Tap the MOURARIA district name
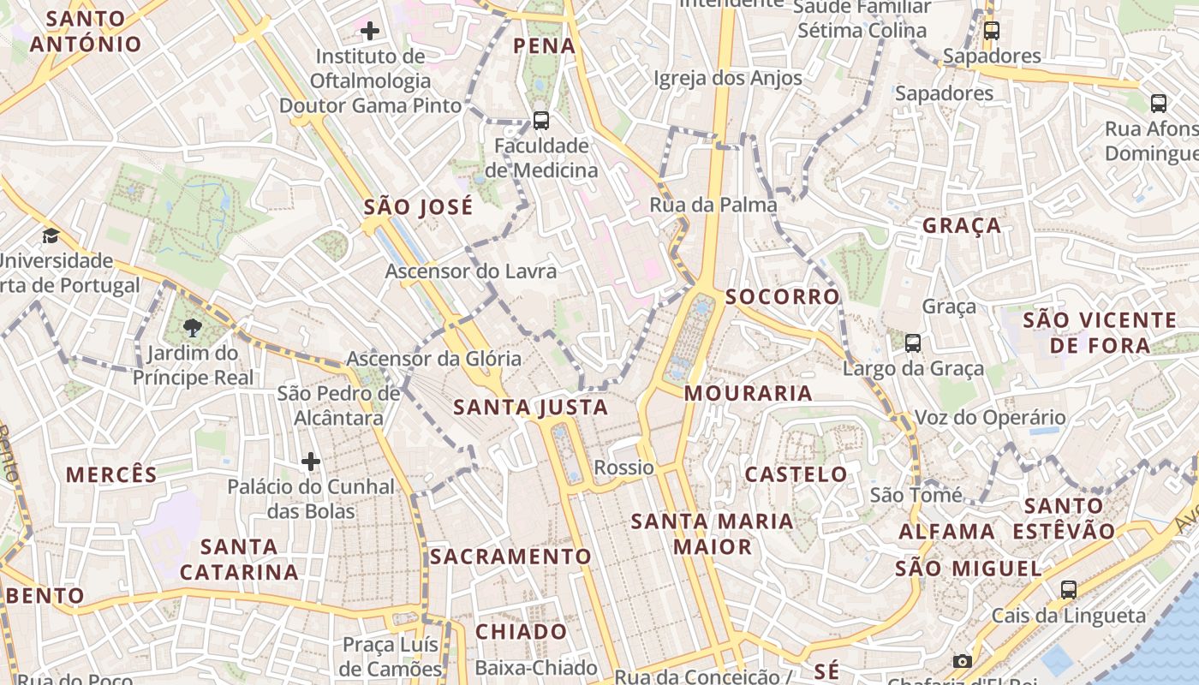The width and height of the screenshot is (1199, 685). [x=749, y=393]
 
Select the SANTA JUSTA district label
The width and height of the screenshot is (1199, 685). [x=531, y=407]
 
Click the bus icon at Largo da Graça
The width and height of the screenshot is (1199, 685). [x=913, y=343]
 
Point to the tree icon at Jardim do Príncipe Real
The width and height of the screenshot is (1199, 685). [x=194, y=327]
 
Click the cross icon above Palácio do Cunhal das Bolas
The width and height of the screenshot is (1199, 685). [x=311, y=462]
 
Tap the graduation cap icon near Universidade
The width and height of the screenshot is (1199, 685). [x=51, y=235]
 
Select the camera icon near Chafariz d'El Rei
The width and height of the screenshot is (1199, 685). [x=963, y=661]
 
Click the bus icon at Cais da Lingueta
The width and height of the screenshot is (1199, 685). [x=1069, y=589]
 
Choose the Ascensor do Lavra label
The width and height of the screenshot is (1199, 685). [x=471, y=271]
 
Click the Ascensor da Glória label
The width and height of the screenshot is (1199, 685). [x=433, y=358]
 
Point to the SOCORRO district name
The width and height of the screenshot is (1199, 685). [x=783, y=296]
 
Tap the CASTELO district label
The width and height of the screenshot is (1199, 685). [x=796, y=474]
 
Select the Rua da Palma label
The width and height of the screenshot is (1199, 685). [x=713, y=205]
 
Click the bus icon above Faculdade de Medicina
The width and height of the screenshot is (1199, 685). [x=541, y=121]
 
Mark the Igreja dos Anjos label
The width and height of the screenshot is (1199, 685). [x=728, y=78]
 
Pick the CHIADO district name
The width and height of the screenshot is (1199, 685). [x=521, y=632]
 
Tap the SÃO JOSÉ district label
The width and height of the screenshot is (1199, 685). [x=418, y=206]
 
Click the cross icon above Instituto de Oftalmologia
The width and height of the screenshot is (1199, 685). [x=370, y=32]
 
